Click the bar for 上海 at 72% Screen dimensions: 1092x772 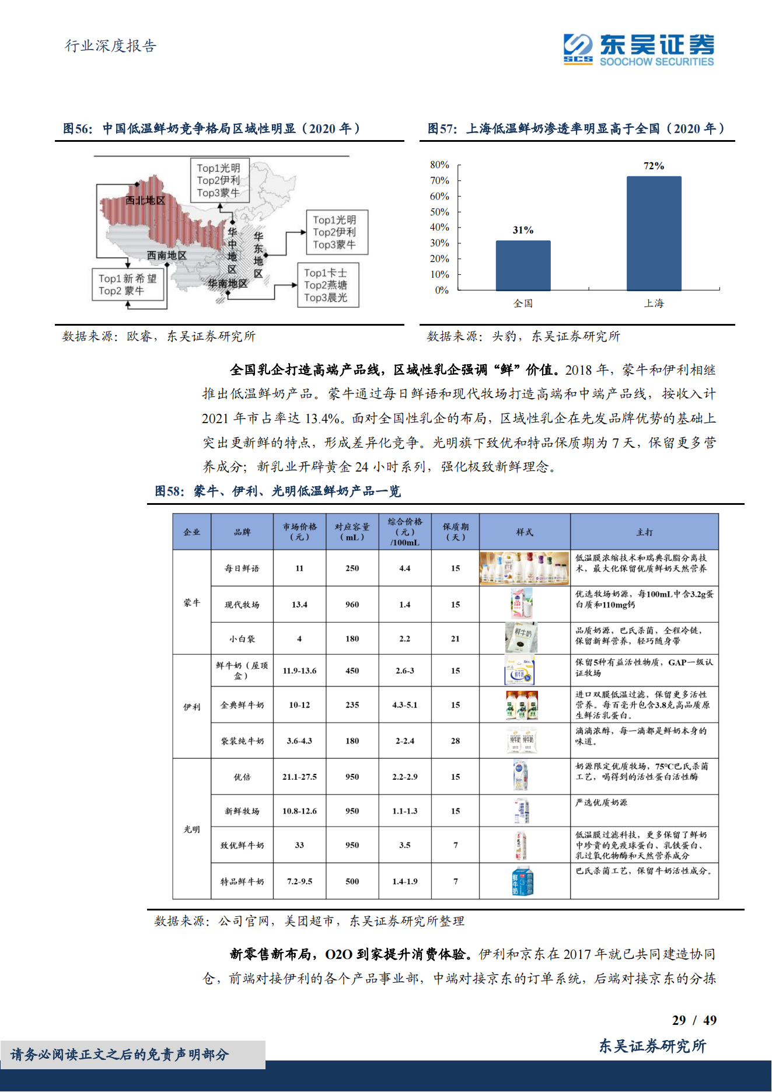pyautogui.click(x=654, y=233)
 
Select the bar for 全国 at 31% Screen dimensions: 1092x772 pyautogui.click(x=523, y=265)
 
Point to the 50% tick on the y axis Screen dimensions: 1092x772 pyautogui.click(x=439, y=212)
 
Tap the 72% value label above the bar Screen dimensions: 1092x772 pyautogui.click(x=654, y=166)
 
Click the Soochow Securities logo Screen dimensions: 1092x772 pyautogui.click(x=638, y=50)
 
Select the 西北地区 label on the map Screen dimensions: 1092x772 pyautogui.click(x=145, y=201)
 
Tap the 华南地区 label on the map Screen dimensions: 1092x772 pyautogui.click(x=228, y=284)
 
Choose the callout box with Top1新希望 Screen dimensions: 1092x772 pyautogui.click(x=128, y=285)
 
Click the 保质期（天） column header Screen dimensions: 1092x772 pyautogui.click(x=455, y=532)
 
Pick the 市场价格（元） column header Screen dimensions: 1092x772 pyautogui.click(x=299, y=532)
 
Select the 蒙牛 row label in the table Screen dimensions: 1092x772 pyautogui.click(x=191, y=603)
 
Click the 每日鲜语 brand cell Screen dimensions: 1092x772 pyautogui.click(x=242, y=568)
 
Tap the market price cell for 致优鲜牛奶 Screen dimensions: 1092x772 pyautogui.click(x=299, y=845)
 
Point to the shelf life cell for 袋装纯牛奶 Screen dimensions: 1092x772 pyautogui.click(x=455, y=741)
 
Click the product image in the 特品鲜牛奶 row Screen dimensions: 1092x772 pyautogui.click(x=523, y=881)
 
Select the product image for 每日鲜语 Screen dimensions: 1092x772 pyautogui.click(x=524, y=568)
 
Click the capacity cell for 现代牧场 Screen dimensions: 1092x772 pyautogui.click(x=352, y=605)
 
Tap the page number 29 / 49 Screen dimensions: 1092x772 pyautogui.click(x=694, y=1020)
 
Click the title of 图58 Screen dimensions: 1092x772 pyautogui.click(x=278, y=491)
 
